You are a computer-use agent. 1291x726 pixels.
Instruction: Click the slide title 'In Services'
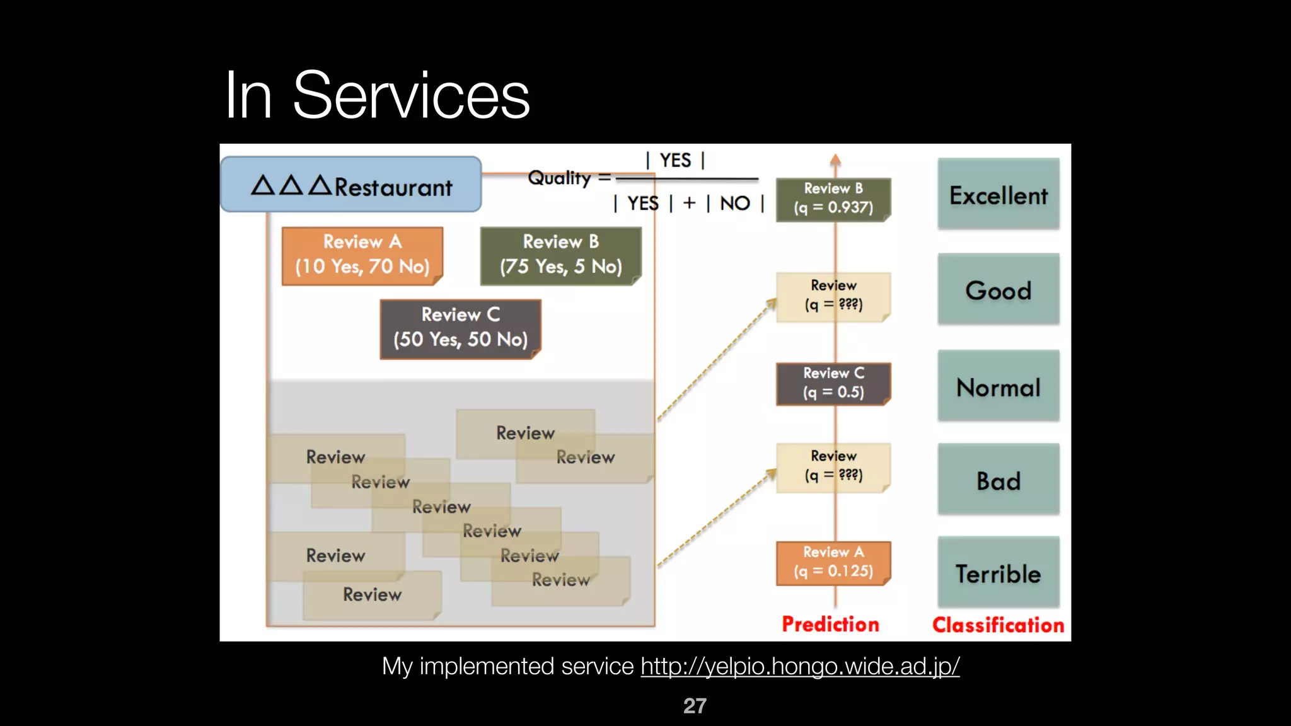click(x=377, y=95)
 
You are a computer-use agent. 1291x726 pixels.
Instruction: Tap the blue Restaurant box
click(x=351, y=185)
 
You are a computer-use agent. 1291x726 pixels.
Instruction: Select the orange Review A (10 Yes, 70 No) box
click(x=362, y=255)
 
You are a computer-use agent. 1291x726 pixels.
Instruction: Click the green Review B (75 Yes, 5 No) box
click(x=560, y=255)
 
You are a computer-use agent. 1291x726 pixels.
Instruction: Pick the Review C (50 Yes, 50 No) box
click(x=460, y=328)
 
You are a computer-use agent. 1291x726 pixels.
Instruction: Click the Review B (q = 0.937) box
click(x=833, y=199)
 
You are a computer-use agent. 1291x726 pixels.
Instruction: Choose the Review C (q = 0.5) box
click(x=833, y=383)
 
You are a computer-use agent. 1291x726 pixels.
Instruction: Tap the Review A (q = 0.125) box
click(x=833, y=562)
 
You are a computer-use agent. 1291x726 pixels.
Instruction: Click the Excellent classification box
click(x=998, y=194)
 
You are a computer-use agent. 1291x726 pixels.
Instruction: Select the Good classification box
click(x=998, y=290)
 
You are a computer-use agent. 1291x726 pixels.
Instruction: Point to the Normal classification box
click(x=998, y=386)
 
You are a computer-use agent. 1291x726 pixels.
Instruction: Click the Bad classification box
click(x=998, y=480)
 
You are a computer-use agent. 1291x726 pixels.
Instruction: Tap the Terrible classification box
click(x=998, y=573)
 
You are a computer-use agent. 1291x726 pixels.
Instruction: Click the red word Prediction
click(x=830, y=624)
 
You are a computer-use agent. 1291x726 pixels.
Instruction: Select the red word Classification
click(x=998, y=625)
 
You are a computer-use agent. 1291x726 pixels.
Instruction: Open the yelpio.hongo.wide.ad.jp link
click(x=800, y=666)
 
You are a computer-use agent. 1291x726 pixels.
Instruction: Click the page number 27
click(x=695, y=706)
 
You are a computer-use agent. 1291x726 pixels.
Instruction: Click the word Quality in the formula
click(x=559, y=178)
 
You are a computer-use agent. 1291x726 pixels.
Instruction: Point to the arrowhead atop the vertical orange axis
click(x=835, y=159)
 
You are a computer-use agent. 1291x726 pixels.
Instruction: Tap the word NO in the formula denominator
click(x=735, y=203)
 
